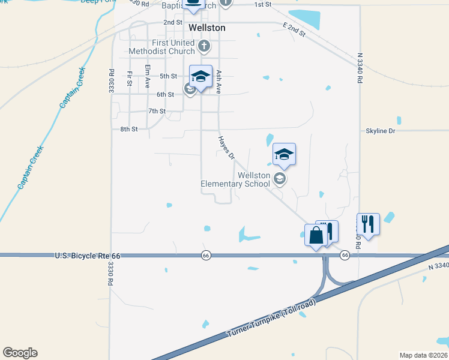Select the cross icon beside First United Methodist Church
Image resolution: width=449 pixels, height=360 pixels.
click(204, 45)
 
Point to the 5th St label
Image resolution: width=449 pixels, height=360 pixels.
click(168, 76)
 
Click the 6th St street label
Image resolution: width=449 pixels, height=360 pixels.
click(165, 94)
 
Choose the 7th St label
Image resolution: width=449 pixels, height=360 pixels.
click(157, 111)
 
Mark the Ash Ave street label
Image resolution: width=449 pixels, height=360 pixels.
click(219, 80)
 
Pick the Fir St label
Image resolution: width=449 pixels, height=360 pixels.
click(129, 79)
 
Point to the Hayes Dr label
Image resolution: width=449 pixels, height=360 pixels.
click(226, 148)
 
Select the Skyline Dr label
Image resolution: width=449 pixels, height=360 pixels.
click(381, 130)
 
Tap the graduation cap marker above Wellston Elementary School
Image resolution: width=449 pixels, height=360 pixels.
click(284, 154)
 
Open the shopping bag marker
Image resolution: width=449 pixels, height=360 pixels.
click(316, 235)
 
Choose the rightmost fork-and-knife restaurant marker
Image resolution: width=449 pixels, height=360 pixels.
click(368, 224)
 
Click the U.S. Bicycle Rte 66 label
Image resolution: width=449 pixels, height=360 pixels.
click(88, 256)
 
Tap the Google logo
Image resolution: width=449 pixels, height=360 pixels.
click(20, 353)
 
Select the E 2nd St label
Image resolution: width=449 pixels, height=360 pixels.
click(294, 29)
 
